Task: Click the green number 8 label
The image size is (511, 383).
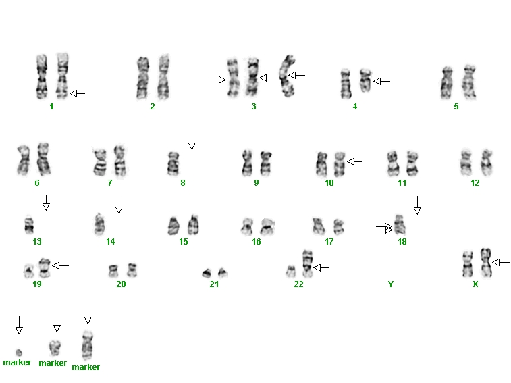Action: pos(183,183)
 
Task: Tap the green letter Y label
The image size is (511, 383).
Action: pos(391,284)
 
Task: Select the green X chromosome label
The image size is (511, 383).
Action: pos(475,284)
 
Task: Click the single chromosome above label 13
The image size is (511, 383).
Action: pos(29,224)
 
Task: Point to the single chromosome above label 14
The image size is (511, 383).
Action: pos(99,224)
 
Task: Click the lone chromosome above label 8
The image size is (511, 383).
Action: pos(173,163)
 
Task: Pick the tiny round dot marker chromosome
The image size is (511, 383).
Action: pos(19,353)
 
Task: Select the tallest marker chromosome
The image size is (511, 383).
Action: pos(87,345)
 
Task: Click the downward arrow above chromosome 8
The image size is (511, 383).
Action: pos(192,140)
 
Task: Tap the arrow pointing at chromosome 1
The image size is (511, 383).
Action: pos(78,94)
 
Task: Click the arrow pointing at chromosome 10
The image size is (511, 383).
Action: pos(355,161)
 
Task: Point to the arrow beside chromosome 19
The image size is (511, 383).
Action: pos(61,266)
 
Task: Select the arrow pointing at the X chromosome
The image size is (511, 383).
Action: pos(502,262)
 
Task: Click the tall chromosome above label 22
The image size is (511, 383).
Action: pos(307,263)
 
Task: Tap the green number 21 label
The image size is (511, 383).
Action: pos(214,284)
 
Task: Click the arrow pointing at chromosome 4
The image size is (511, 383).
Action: pos(381,81)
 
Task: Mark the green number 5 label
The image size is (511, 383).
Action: pos(456,106)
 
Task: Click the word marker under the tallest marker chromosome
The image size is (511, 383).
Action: pos(86,367)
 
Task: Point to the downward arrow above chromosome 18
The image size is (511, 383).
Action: pos(417,205)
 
